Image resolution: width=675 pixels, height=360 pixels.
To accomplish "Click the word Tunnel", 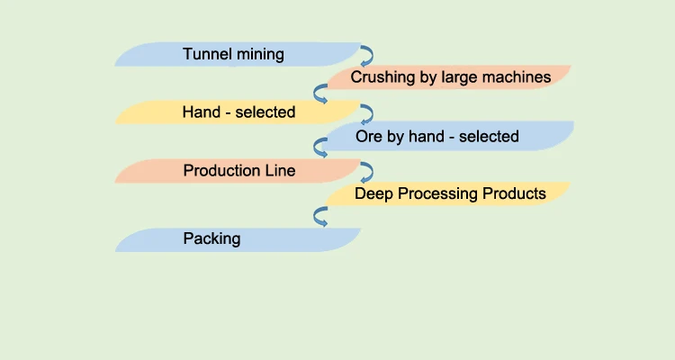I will click(x=205, y=54).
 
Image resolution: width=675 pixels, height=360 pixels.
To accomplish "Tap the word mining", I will click(x=256, y=55).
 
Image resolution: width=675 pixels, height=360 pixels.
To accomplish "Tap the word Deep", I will click(x=373, y=193).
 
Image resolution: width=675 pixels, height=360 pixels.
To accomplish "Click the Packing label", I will click(x=211, y=238).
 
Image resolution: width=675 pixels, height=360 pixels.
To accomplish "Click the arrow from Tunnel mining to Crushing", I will click(x=366, y=55).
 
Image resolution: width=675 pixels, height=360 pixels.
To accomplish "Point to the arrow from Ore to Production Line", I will click(x=319, y=148).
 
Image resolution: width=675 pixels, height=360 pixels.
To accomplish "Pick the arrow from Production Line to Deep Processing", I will click(x=366, y=170).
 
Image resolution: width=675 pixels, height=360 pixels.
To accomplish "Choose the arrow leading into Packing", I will click(x=319, y=216).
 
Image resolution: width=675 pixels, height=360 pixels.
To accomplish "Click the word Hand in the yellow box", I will click(x=200, y=112).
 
